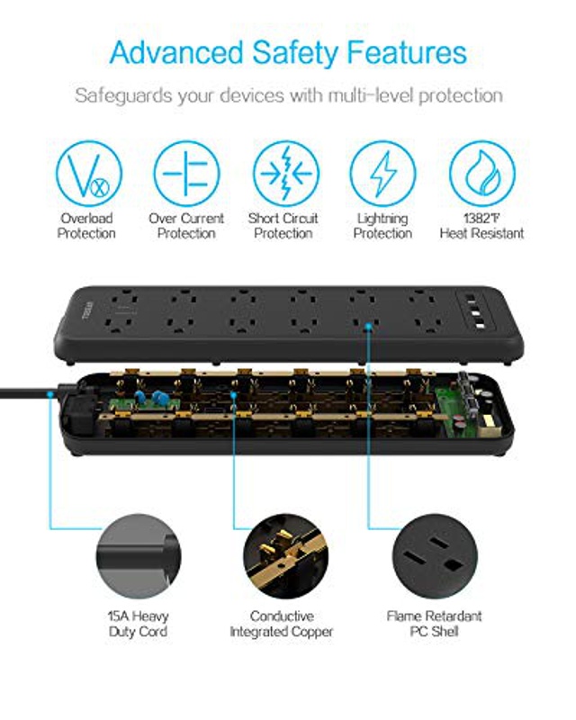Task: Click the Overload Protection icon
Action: (87, 174)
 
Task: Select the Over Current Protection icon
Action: (185, 174)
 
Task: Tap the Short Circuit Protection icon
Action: (283, 174)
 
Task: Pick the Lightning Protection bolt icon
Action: (382, 174)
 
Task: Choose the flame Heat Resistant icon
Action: (481, 174)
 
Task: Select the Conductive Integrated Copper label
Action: (281, 624)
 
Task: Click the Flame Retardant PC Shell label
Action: (434, 624)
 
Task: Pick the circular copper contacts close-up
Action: (281, 553)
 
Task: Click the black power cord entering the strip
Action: (27, 391)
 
